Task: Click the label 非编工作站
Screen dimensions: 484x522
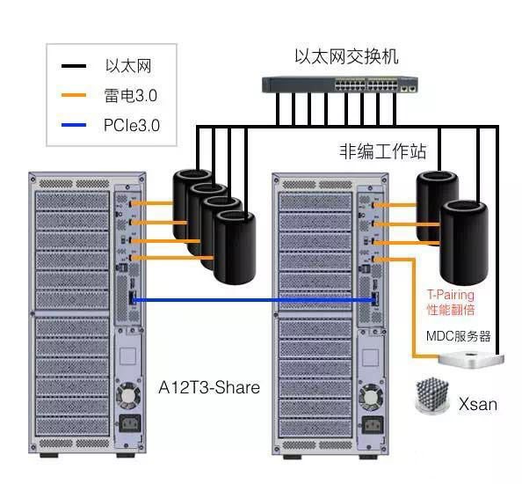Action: [382, 151]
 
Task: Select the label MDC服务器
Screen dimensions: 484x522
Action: [458, 336]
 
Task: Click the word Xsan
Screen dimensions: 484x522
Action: [477, 405]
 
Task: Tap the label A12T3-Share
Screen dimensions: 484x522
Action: [209, 387]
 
